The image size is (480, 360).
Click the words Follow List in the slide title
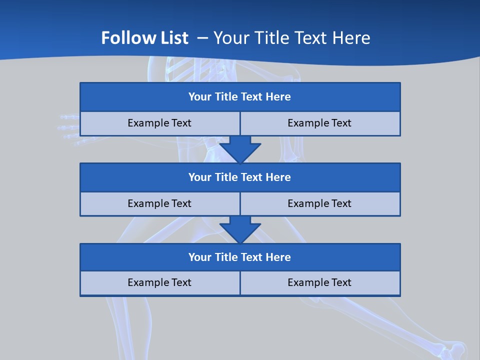145,38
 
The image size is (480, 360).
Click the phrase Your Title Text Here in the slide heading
292,38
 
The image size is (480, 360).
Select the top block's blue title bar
240,97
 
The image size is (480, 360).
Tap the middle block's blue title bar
240,177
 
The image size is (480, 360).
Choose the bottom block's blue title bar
240,257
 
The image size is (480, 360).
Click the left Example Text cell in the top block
159,123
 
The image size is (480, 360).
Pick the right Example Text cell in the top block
319,123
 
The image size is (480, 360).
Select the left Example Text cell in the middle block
159,204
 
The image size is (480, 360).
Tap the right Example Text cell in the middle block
319,204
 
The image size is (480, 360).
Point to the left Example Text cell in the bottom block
159,283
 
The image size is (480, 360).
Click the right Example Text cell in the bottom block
319,283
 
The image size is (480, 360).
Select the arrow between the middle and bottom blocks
240,229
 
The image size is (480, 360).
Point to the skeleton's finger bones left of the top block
68,129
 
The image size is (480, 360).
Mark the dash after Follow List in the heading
202,38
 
